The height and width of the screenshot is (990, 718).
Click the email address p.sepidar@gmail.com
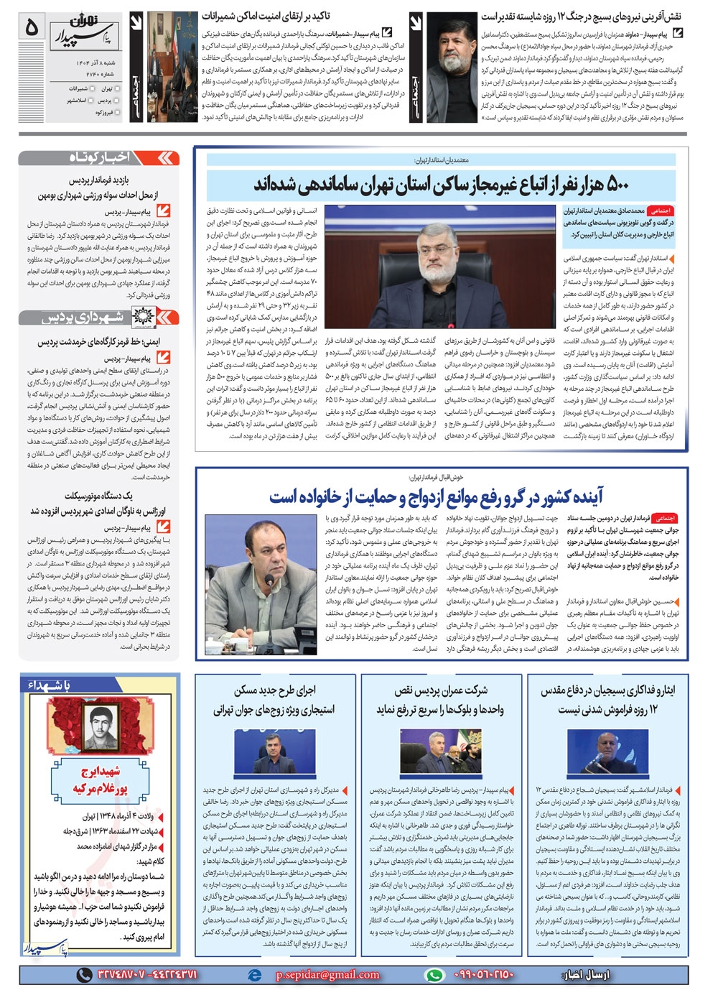(327, 974)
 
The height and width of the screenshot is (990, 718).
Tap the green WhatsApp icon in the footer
(434, 974)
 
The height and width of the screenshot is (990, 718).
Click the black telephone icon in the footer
(85, 974)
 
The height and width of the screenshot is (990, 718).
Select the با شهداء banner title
(50, 685)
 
